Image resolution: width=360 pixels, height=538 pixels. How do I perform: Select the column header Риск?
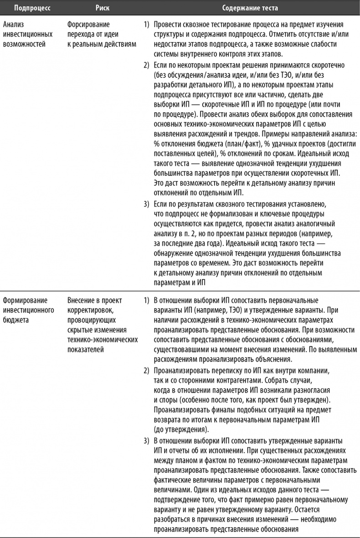click(103, 8)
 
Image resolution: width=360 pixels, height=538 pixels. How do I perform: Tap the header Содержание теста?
click(250, 8)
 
